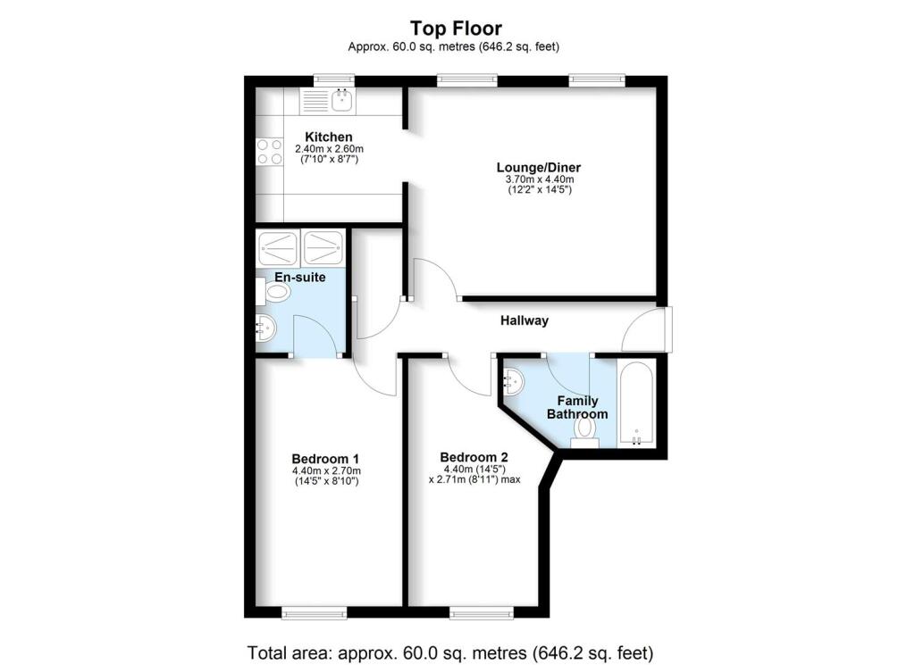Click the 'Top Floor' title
point(456,29)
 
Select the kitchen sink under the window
point(341,101)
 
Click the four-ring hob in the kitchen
point(269,152)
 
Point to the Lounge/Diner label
point(533,167)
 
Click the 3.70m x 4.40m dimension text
point(533,179)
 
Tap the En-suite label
point(299,278)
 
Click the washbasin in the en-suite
point(265,328)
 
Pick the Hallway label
point(524,320)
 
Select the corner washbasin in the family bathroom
point(515,382)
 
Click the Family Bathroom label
point(577,407)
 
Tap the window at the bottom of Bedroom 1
point(314,612)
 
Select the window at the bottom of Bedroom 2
point(482,612)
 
